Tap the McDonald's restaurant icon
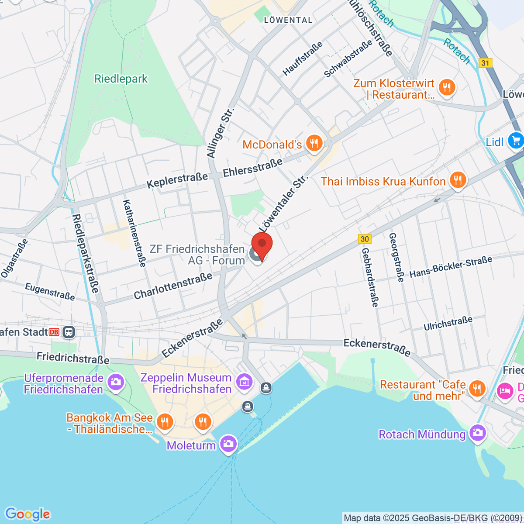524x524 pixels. [314, 142]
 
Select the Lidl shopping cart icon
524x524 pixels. [516, 140]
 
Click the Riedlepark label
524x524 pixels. [121, 79]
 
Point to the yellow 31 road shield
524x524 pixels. [485, 63]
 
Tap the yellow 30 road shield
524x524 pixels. [365, 239]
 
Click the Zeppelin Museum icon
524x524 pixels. [244, 382]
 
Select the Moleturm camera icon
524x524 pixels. [228, 444]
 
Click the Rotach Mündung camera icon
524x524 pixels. [477, 433]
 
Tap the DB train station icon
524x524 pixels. [69, 332]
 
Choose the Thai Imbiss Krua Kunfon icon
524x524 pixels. [457, 179]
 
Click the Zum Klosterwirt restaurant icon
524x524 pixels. [446, 87]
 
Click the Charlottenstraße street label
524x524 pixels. [173, 286]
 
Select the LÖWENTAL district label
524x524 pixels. [288, 20]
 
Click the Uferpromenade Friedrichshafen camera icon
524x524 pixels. [116, 382]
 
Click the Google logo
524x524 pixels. [28, 514]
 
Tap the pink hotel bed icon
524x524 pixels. [505, 390]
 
